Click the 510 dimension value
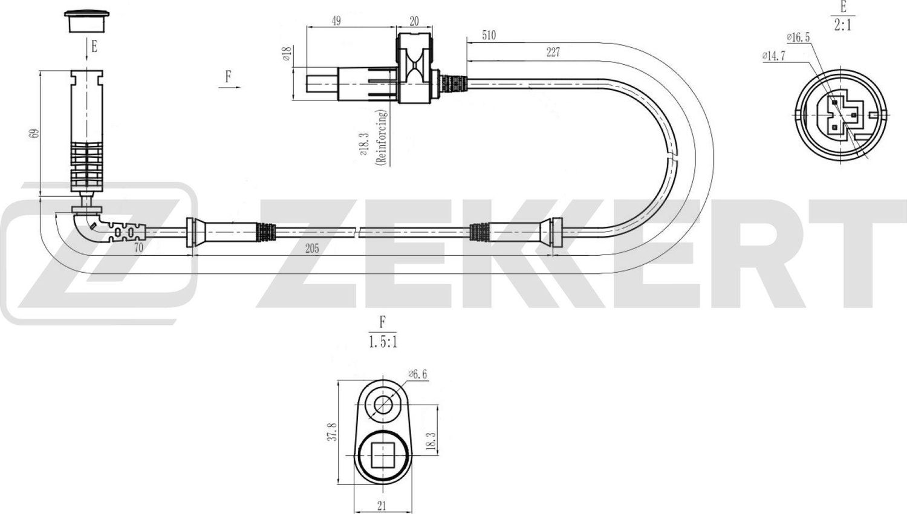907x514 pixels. click(x=489, y=36)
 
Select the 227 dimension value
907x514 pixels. click(x=553, y=53)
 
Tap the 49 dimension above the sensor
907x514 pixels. click(x=336, y=21)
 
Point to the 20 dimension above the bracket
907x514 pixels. click(x=414, y=21)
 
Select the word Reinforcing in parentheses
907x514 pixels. click(x=380, y=138)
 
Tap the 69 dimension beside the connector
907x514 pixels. click(x=34, y=133)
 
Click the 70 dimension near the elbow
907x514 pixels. click(x=138, y=247)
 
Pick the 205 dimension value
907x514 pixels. click(x=312, y=249)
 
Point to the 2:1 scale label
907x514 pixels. click(x=842, y=26)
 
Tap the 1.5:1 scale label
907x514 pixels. click(x=383, y=342)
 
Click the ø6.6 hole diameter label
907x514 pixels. click(x=417, y=374)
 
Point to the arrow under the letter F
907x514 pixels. click(x=229, y=88)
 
